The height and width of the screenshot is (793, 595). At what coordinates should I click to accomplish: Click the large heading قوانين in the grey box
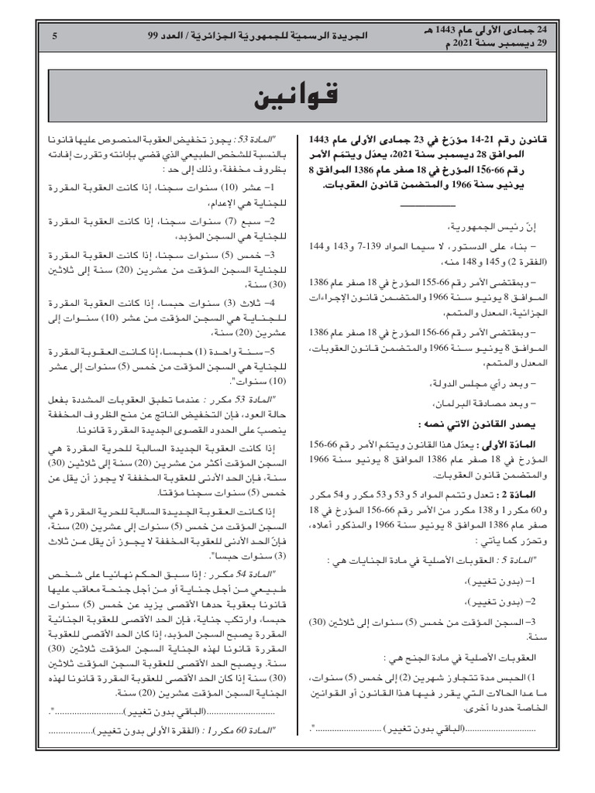[297, 99]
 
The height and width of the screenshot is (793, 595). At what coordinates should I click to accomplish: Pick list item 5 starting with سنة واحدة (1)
[232, 352]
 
